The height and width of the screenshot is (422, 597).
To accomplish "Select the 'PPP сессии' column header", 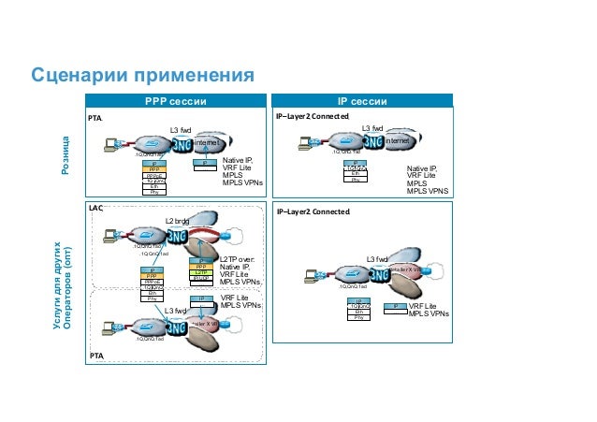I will pos(175,101).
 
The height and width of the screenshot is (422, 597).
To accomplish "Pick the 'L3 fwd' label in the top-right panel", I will pos(372,128).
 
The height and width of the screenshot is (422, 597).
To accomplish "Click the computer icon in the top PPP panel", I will pos(113,143).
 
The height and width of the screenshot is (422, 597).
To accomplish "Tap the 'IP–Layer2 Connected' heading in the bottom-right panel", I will pos(313,211).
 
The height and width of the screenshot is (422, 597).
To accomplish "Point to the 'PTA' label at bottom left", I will pos(95,357).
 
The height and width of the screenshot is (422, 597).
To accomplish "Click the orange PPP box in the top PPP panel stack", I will pos(153,169).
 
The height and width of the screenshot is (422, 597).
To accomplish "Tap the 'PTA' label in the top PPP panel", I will pos(95,119).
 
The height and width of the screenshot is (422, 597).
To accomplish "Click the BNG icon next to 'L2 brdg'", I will pos(186,238).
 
